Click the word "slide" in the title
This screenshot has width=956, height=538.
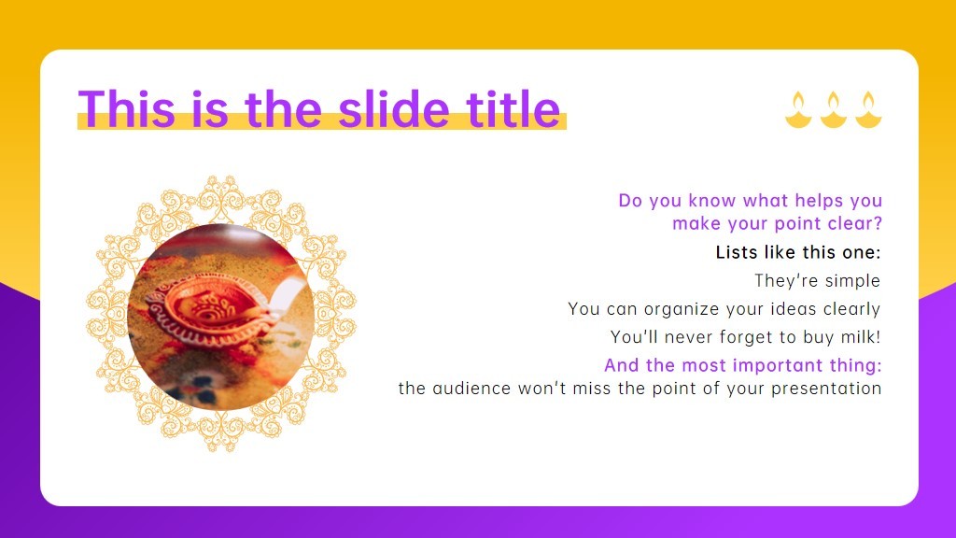393,108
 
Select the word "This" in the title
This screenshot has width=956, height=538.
127,108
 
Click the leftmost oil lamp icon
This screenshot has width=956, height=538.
798,110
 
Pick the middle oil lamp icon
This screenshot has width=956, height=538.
833,110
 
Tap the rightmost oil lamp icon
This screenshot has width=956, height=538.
868,110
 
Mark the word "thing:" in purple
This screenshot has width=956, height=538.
856,365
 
